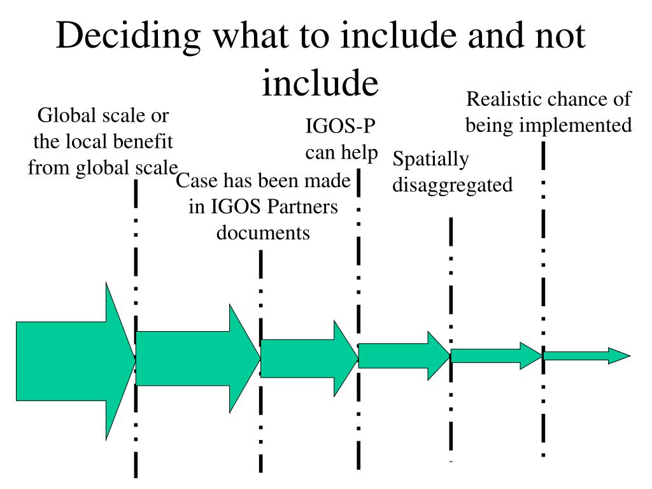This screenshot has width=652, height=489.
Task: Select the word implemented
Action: point(576,125)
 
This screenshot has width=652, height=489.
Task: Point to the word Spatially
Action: point(431,159)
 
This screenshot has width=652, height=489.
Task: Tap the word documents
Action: point(263,232)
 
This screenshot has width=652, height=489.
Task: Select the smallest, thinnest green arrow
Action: point(586,356)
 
